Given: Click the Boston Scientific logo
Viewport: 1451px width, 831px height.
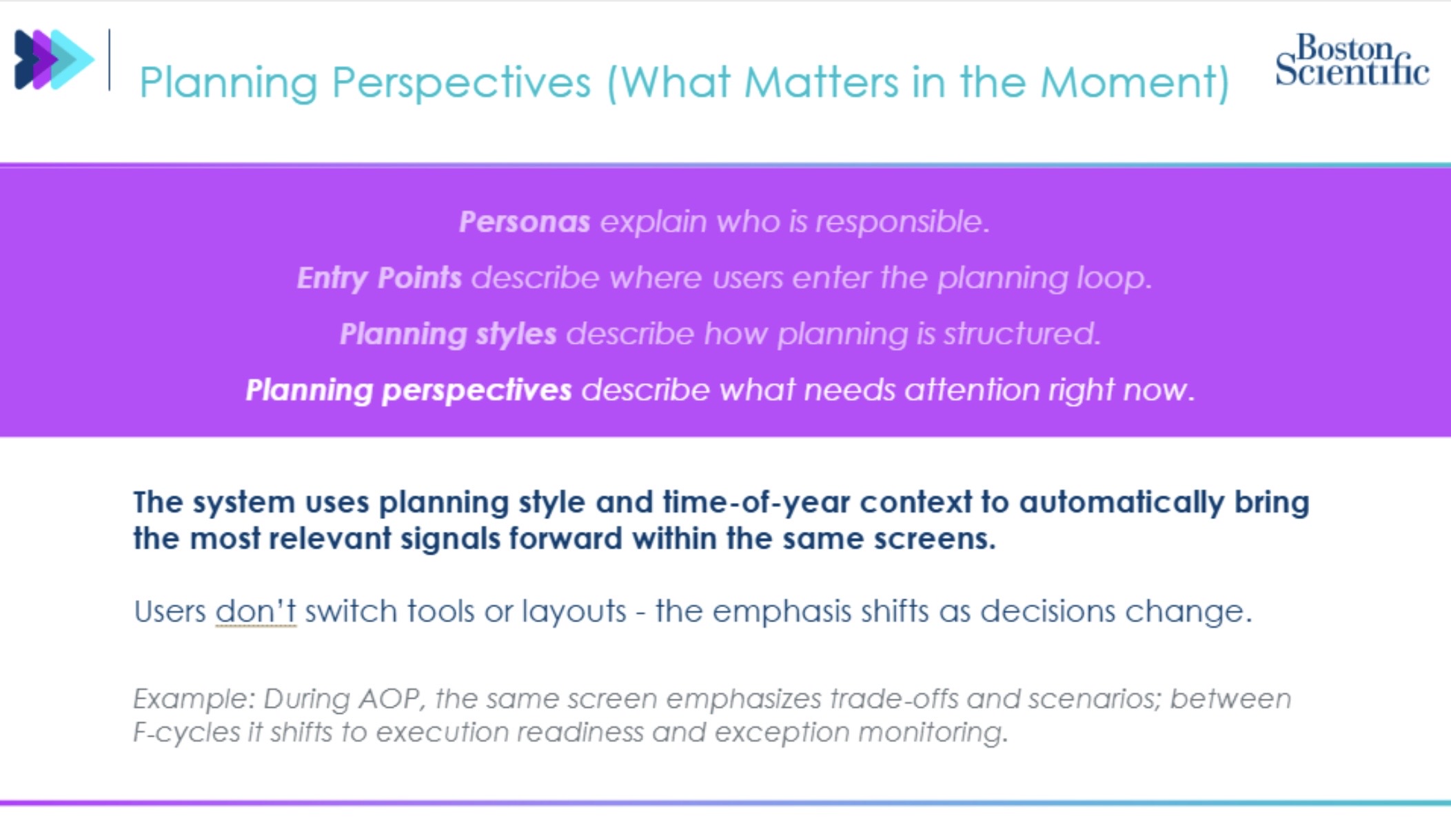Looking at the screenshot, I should (x=1352, y=61).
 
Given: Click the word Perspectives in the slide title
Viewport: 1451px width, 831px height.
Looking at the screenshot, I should (x=461, y=83).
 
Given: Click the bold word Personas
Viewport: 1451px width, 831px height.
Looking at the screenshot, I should (x=525, y=222).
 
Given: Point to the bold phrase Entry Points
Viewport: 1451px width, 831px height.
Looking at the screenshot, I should (x=379, y=278).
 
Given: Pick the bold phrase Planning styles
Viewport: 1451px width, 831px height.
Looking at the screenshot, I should (x=448, y=334).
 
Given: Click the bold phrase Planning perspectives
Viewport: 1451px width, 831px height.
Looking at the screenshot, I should (x=409, y=390).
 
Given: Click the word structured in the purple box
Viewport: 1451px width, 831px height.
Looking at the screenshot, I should (x=1021, y=334).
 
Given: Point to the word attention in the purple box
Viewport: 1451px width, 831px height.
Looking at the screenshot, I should (x=972, y=390).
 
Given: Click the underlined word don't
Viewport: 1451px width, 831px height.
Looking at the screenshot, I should (x=256, y=611).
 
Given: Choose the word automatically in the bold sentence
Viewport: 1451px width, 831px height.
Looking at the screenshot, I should (x=1122, y=502).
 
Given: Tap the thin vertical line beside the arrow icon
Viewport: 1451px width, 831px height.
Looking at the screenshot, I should (x=109, y=59).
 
